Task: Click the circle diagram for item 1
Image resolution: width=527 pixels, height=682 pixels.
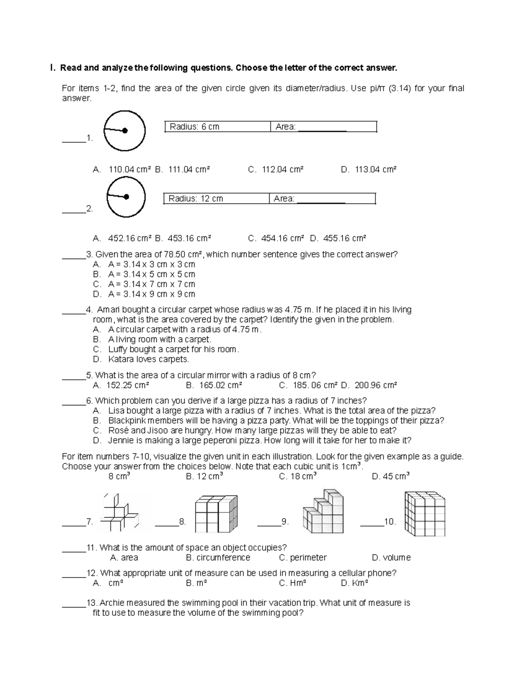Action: click(x=124, y=130)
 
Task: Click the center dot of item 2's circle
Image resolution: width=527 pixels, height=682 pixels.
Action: click(x=126, y=197)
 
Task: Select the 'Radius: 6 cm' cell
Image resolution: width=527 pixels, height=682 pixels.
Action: click(x=217, y=127)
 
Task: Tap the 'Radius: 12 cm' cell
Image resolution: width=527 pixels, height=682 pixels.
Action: click(x=216, y=198)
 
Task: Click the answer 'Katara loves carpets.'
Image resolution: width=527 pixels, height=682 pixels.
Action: click(x=148, y=359)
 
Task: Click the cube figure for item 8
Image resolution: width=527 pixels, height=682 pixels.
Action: click(x=216, y=514)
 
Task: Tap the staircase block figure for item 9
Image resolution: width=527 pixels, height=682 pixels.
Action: click(x=323, y=512)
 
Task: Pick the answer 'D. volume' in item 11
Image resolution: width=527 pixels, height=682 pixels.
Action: click(x=391, y=558)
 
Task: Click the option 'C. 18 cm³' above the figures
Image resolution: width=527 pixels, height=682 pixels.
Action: click(x=298, y=476)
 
